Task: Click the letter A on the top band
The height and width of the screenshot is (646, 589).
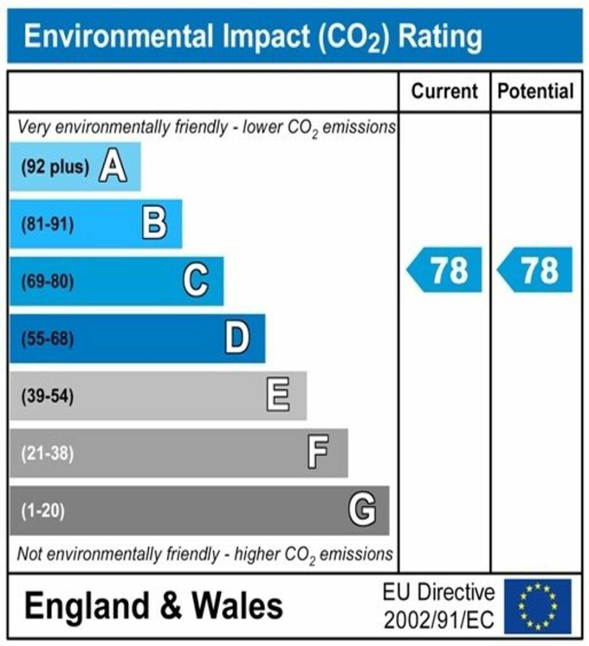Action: click(112, 167)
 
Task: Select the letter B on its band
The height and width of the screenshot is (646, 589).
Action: click(154, 224)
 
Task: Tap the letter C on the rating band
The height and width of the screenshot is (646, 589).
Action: click(196, 281)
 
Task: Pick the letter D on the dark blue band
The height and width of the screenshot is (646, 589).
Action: click(237, 338)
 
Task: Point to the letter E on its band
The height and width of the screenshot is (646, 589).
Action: click(278, 396)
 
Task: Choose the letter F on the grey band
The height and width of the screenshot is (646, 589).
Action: click(318, 453)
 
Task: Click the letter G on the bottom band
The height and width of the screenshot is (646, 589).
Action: click(362, 510)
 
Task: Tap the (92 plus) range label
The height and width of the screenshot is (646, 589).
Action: click(55, 167)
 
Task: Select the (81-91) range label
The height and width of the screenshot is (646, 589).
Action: click(47, 224)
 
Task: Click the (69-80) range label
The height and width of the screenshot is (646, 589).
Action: click(47, 281)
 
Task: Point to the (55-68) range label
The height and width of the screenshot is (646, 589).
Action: click(47, 339)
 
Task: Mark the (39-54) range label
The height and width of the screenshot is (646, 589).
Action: click(47, 396)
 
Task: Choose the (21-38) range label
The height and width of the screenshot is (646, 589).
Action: click(47, 453)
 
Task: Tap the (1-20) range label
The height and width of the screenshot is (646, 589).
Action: click(43, 510)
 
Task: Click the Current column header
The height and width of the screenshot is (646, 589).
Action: click(444, 91)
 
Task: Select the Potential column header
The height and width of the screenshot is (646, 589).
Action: click(536, 91)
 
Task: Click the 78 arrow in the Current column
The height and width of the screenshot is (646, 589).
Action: click(445, 270)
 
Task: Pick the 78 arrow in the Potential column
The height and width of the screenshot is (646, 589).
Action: click(536, 270)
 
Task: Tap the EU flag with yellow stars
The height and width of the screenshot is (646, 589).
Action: click(537, 606)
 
